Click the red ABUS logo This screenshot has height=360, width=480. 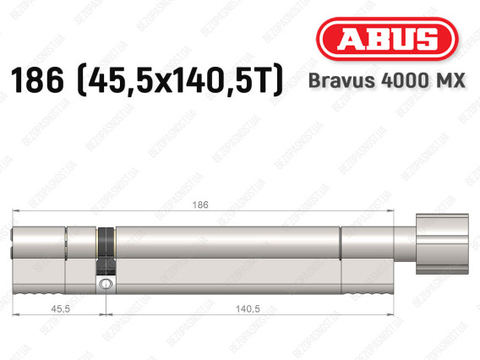(x=387, y=39)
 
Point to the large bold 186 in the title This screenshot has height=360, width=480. (x=37, y=80)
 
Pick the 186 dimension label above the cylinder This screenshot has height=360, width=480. (x=200, y=205)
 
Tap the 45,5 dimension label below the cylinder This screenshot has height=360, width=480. (x=60, y=309)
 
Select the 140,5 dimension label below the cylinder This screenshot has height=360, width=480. (x=248, y=309)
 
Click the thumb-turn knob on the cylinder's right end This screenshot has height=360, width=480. (x=442, y=244)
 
